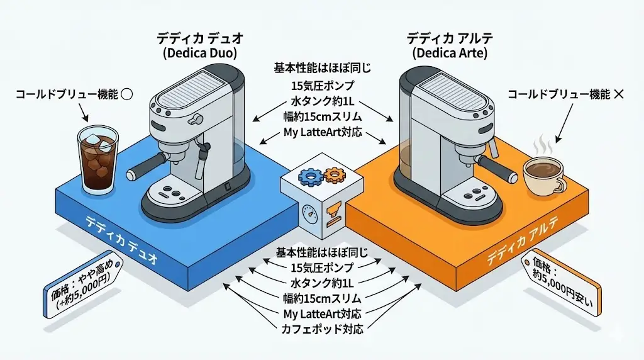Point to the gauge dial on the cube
309,212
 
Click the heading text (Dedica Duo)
200,53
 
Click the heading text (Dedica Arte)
447,53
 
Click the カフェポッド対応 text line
322,327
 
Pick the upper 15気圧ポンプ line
322,86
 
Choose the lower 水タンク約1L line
322,283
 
